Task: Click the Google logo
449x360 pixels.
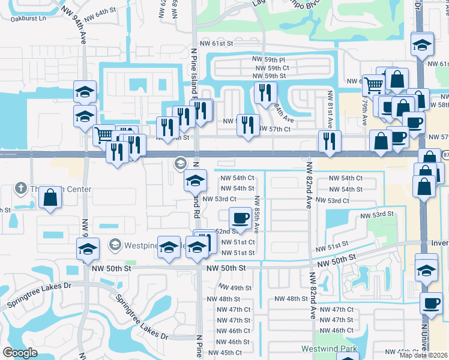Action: (20, 353)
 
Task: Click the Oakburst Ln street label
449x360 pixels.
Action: (28, 19)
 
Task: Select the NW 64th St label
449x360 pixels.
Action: (99, 12)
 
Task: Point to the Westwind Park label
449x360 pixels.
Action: (329, 349)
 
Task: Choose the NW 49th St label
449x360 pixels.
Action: (236, 288)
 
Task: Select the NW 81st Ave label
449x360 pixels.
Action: (330, 110)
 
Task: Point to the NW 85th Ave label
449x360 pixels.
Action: (256, 214)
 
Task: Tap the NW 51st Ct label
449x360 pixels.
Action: (238, 242)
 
